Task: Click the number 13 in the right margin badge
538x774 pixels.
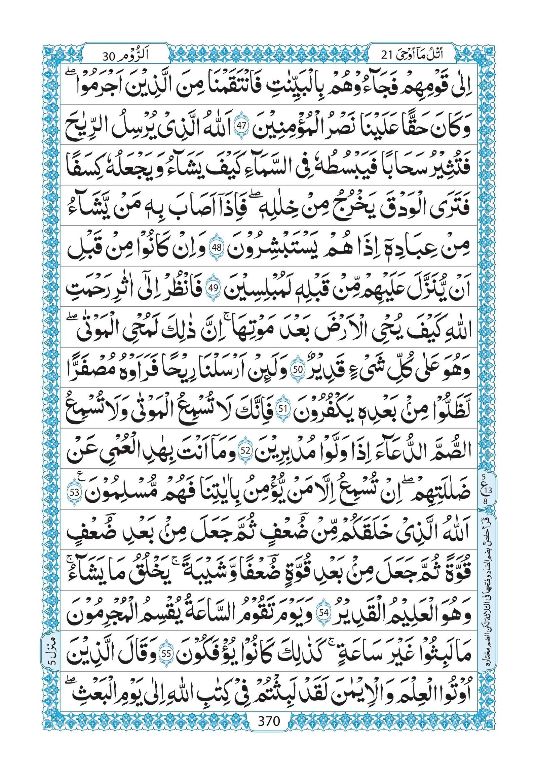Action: tap(489, 490)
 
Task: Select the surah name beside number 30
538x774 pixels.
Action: tap(141, 55)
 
